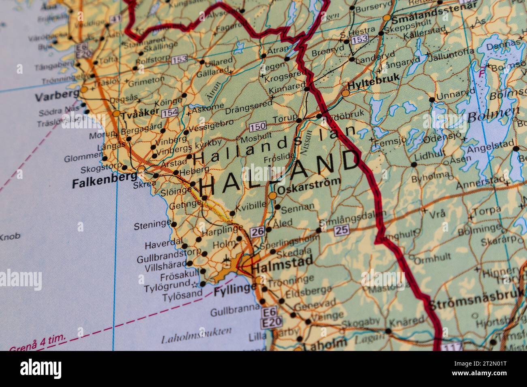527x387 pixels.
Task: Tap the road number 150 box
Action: click(x=258, y=127)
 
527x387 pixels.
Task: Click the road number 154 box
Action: click(x=169, y=113)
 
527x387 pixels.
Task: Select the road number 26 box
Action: click(x=257, y=232)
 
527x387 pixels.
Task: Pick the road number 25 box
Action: click(x=341, y=230)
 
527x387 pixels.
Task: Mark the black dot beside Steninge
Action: click(x=174, y=224)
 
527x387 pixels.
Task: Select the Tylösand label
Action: click(x=182, y=296)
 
